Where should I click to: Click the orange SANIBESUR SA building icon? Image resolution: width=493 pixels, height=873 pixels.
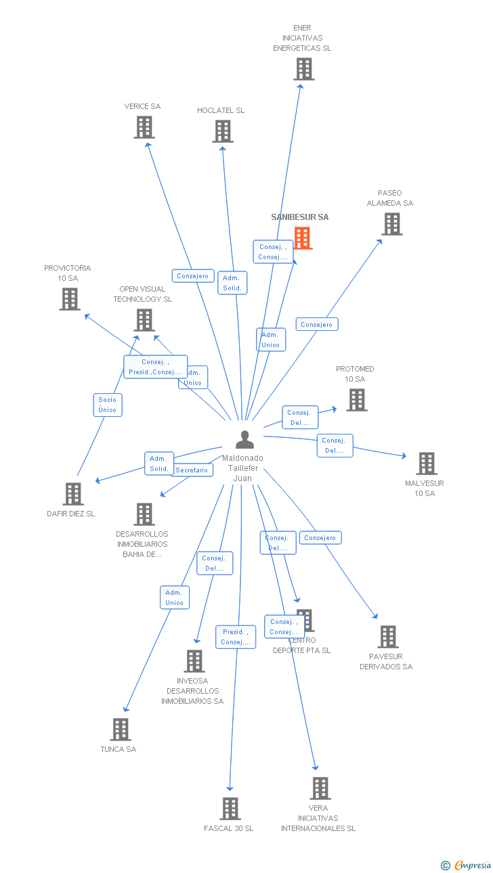[x=303, y=238]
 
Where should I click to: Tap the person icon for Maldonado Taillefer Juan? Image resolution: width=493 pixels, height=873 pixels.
[x=244, y=440]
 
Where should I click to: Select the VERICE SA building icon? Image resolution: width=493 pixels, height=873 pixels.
[x=144, y=127]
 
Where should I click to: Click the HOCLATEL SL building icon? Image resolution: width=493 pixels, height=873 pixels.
[x=223, y=131]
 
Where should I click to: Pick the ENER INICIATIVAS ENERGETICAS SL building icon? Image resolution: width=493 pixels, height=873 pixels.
[x=303, y=69]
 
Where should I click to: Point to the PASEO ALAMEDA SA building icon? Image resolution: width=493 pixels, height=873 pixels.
[x=391, y=224]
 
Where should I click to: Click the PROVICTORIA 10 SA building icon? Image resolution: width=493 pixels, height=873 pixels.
[x=70, y=299]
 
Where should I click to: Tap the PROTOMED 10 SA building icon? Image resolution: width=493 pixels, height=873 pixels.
[x=356, y=400]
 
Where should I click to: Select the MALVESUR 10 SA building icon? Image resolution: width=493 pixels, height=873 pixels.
[x=426, y=464]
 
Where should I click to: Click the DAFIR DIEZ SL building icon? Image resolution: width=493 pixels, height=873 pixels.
[x=72, y=494]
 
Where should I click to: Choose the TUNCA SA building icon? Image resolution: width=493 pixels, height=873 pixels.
[x=121, y=730]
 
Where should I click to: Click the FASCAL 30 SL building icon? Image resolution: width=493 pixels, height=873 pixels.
[x=230, y=809]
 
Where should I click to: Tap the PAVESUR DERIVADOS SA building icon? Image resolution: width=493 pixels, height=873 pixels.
[x=387, y=637]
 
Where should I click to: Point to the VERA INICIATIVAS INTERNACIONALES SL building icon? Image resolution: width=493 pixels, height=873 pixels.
[x=320, y=788]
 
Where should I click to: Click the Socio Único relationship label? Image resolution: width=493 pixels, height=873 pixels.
[x=107, y=405]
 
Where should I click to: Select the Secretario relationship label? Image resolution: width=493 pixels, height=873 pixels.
[x=192, y=470]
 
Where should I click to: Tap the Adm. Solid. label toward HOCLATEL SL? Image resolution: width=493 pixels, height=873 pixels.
[x=232, y=283]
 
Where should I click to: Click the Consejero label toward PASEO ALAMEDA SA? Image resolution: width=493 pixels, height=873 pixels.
[x=316, y=324]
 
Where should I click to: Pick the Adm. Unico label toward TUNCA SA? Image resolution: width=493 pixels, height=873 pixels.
[x=174, y=598]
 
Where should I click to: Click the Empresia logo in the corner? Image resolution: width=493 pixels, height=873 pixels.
[x=467, y=865]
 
